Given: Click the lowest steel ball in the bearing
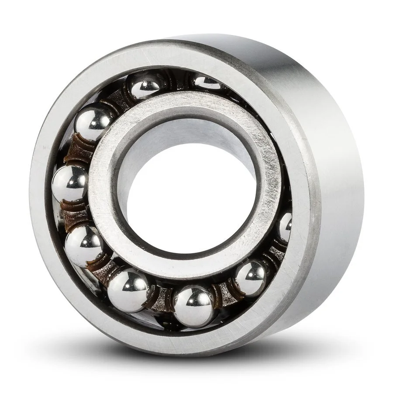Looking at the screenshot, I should pyautogui.click(x=194, y=305).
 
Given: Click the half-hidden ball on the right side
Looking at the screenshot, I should pyautogui.click(x=285, y=226).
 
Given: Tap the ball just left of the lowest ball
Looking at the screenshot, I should pyautogui.click(x=128, y=289).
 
